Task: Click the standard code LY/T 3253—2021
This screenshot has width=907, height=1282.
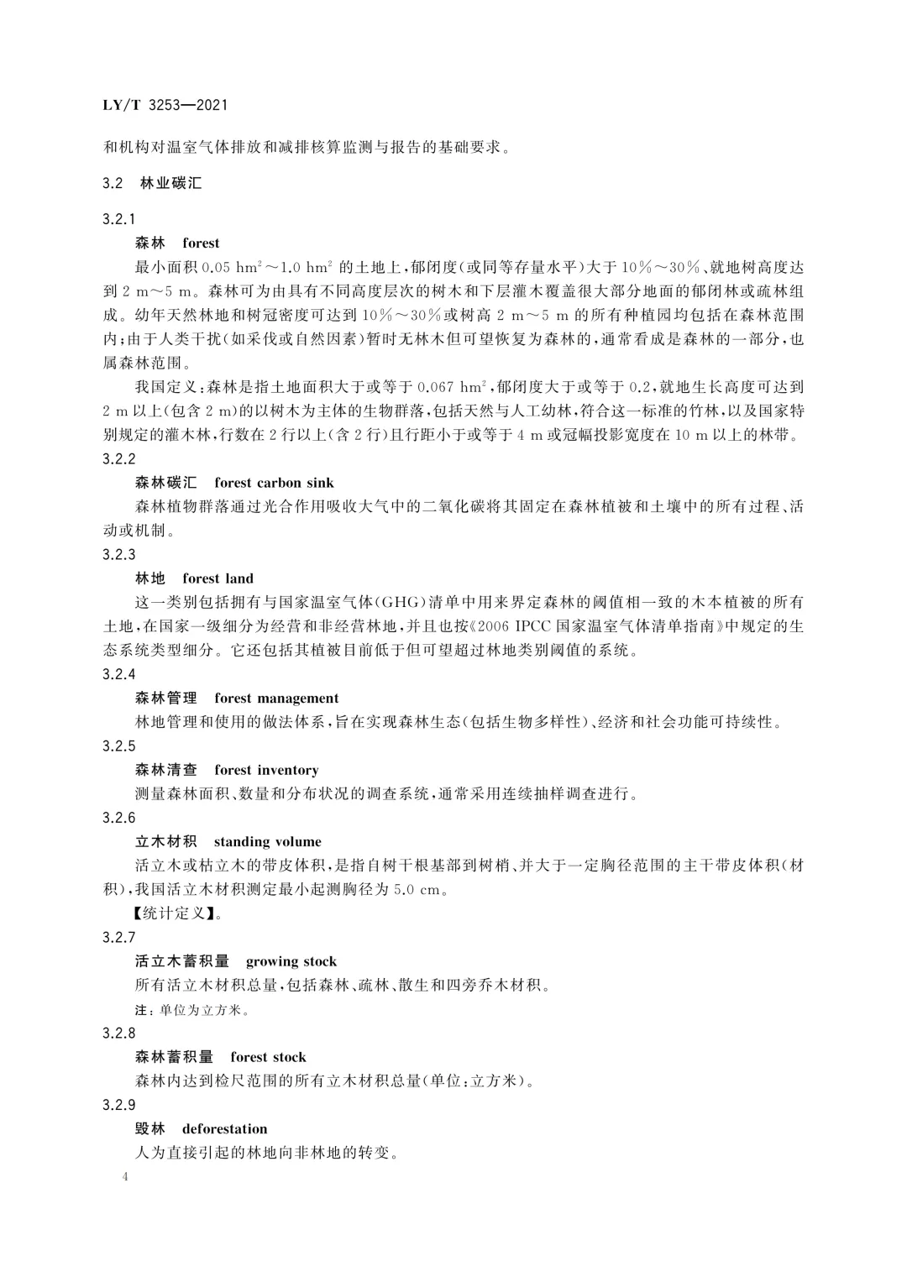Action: [165, 106]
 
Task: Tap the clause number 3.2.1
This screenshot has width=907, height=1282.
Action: [118, 219]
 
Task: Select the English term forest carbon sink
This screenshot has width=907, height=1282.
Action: [274, 483]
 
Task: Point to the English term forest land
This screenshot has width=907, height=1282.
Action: [218, 578]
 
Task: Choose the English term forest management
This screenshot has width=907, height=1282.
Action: [276, 699]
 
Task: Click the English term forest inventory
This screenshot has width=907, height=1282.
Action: [266, 770]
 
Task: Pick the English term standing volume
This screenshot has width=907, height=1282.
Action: [267, 842]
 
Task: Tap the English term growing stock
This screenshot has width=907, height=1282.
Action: [291, 961]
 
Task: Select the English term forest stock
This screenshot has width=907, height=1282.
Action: [268, 1057]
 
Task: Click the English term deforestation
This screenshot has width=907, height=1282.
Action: [224, 1129]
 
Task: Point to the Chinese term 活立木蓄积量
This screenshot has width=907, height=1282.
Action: [182, 961]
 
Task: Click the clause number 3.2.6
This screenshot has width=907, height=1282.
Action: [118, 818]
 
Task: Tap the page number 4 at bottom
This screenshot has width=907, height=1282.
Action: [125, 1177]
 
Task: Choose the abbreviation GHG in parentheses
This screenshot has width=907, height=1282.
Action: [401, 603]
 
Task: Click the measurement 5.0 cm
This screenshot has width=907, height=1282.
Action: [417, 890]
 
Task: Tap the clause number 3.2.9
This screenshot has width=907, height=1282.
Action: [118, 1105]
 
